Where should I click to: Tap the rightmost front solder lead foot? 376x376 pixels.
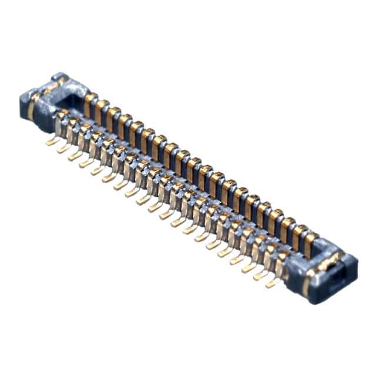point(271,284)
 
